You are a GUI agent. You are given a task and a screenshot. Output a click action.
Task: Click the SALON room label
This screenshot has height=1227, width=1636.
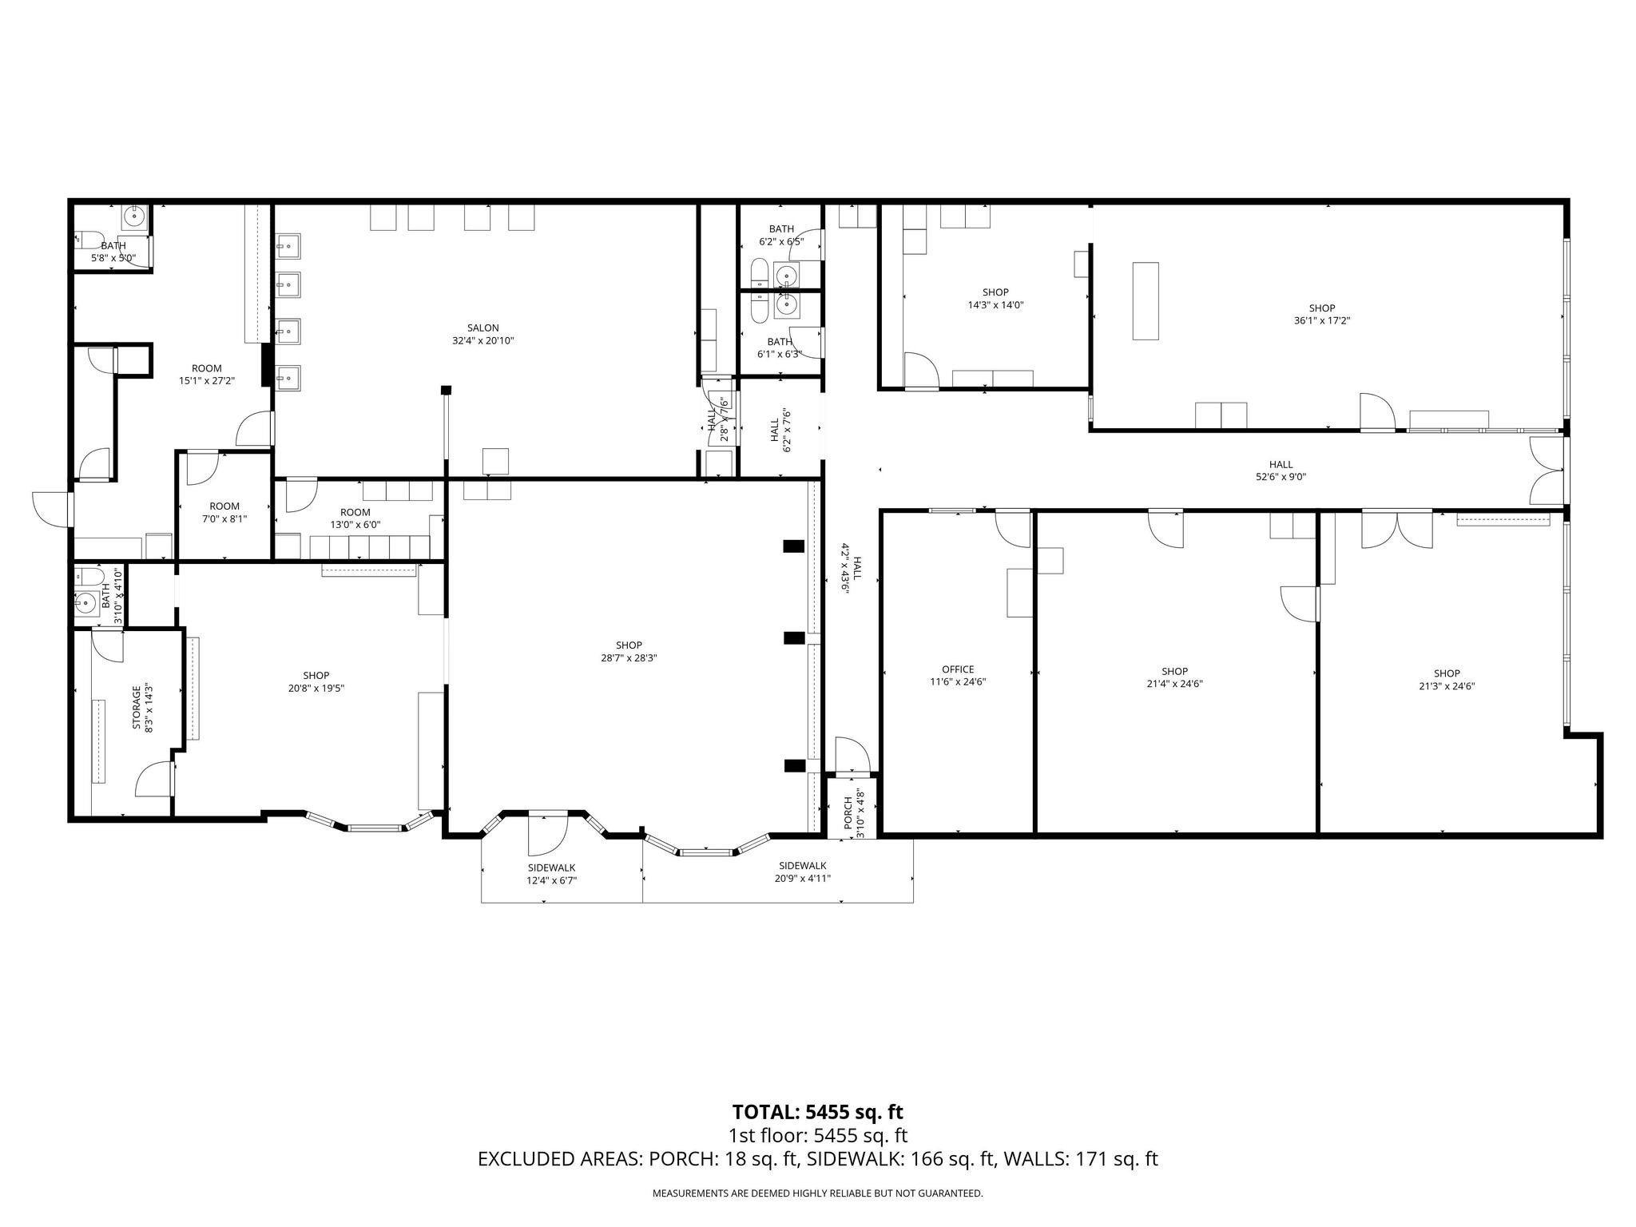coord(482,328)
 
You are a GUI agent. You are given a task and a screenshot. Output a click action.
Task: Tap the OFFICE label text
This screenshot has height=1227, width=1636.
coord(957,669)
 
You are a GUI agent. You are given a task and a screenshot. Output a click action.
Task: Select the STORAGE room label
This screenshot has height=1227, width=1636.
coord(137,707)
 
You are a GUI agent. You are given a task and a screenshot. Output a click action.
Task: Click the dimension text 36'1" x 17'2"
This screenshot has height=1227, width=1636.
coord(1321,321)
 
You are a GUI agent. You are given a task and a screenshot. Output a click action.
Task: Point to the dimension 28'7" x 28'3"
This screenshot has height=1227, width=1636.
coord(629,658)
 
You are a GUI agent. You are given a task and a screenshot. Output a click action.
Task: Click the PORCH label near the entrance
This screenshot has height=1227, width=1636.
coord(848,812)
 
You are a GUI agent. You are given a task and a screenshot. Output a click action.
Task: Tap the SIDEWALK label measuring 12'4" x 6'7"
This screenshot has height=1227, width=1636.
coord(551,868)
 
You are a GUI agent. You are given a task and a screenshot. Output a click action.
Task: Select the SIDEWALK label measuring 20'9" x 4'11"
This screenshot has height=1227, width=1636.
coord(802,865)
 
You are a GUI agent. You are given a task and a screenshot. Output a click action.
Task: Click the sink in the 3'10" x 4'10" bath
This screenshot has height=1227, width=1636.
coord(85,603)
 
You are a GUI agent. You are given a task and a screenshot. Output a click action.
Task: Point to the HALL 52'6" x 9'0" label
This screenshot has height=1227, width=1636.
coord(1281,465)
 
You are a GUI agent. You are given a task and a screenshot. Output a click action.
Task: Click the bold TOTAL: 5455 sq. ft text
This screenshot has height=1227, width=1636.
coord(817,1111)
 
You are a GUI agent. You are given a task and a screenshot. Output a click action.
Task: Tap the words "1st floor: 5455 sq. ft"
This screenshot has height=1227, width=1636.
coord(817,1135)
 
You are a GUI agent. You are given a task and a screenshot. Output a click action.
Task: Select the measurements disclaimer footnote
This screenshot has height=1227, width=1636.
coord(817,1193)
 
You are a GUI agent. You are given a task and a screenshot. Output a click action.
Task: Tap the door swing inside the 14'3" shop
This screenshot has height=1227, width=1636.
coord(920,369)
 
